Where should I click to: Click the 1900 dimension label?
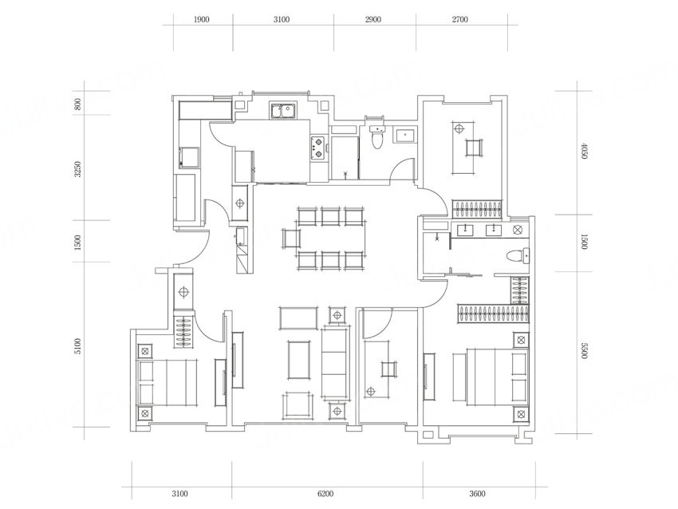coord(202,19)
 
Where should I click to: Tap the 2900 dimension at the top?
coord(373,19)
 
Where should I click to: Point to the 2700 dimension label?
coord(459,19)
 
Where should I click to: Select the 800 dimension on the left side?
coord(78,104)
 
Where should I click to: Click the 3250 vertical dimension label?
coord(78,169)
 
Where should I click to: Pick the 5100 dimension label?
coord(78,346)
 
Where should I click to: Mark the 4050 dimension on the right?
coord(584,151)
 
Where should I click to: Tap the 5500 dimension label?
coord(584,350)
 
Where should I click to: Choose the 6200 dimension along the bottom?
coord(325,493)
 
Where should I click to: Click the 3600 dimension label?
coord(477,493)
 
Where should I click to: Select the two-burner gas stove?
coord(317,148)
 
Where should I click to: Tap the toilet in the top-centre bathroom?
coord(377,136)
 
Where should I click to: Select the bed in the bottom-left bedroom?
coord(168,382)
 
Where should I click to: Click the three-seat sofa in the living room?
coord(335,362)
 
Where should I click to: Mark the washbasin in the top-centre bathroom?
coord(405,135)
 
